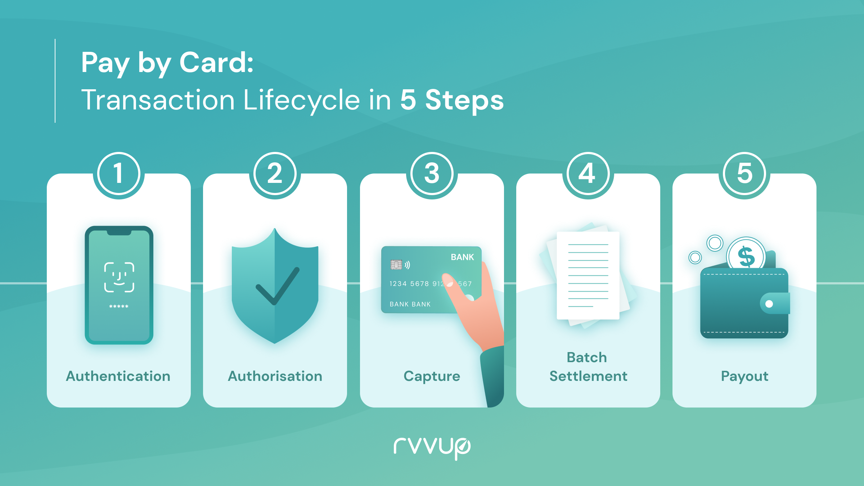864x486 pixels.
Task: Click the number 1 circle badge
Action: tap(118, 173)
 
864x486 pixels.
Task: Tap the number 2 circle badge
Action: tap(275, 173)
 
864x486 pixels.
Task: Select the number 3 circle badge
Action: tap(432, 173)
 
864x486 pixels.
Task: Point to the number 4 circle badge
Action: tap(588, 173)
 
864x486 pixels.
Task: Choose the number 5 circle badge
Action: tap(744, 173)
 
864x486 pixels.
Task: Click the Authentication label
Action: tap(118, 376)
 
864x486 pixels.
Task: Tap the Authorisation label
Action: tap(275, 376)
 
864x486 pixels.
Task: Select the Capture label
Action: tap(432, 377)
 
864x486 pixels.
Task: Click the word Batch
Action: tap(587, 357)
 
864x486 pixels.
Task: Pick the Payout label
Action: tap(744, 377)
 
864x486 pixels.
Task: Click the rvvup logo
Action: tap(432, 448)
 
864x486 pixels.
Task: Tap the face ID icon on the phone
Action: tap(119, 277)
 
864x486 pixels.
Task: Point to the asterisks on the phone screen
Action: tap(119, 307)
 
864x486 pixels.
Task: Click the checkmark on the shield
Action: tap(278, 286)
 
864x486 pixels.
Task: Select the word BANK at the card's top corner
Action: tap(463, 257)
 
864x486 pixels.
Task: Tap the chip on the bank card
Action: tap(396, 265)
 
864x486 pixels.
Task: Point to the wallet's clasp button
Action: tap(769, 304)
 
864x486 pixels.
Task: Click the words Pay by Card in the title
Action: tap(167, 63)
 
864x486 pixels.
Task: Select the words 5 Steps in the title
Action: tap(452, 100)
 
